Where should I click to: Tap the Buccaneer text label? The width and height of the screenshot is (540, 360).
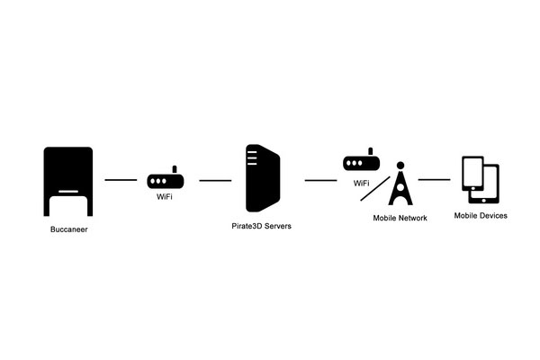click(69, 229)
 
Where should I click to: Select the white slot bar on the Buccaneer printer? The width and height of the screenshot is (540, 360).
click(68, 192)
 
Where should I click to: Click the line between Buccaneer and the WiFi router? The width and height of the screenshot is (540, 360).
click(121, 180)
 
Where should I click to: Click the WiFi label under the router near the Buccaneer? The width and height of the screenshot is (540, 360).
click(165, 197)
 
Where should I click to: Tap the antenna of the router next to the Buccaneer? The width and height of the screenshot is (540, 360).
click(175, 169)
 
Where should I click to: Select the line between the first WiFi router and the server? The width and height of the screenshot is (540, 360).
click(215, 181)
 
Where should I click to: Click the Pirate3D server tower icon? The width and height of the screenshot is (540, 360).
click(263, 178)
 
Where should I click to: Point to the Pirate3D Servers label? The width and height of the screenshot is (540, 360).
click(261, 226)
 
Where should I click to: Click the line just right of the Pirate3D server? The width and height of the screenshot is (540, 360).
click(320, 180)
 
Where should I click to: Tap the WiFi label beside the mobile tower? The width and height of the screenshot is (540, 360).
click(361, 184)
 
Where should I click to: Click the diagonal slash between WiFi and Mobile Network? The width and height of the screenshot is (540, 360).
click(375, 189)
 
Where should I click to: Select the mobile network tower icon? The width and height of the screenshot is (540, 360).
click(400, 184)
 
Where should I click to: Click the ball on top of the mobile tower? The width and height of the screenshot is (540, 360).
click(400, 166)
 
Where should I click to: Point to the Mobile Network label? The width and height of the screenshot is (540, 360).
click(400, 218)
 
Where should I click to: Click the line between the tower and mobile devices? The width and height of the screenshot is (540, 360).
click(435, 179)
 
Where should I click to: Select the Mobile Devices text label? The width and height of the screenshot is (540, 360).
click(481, 216)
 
